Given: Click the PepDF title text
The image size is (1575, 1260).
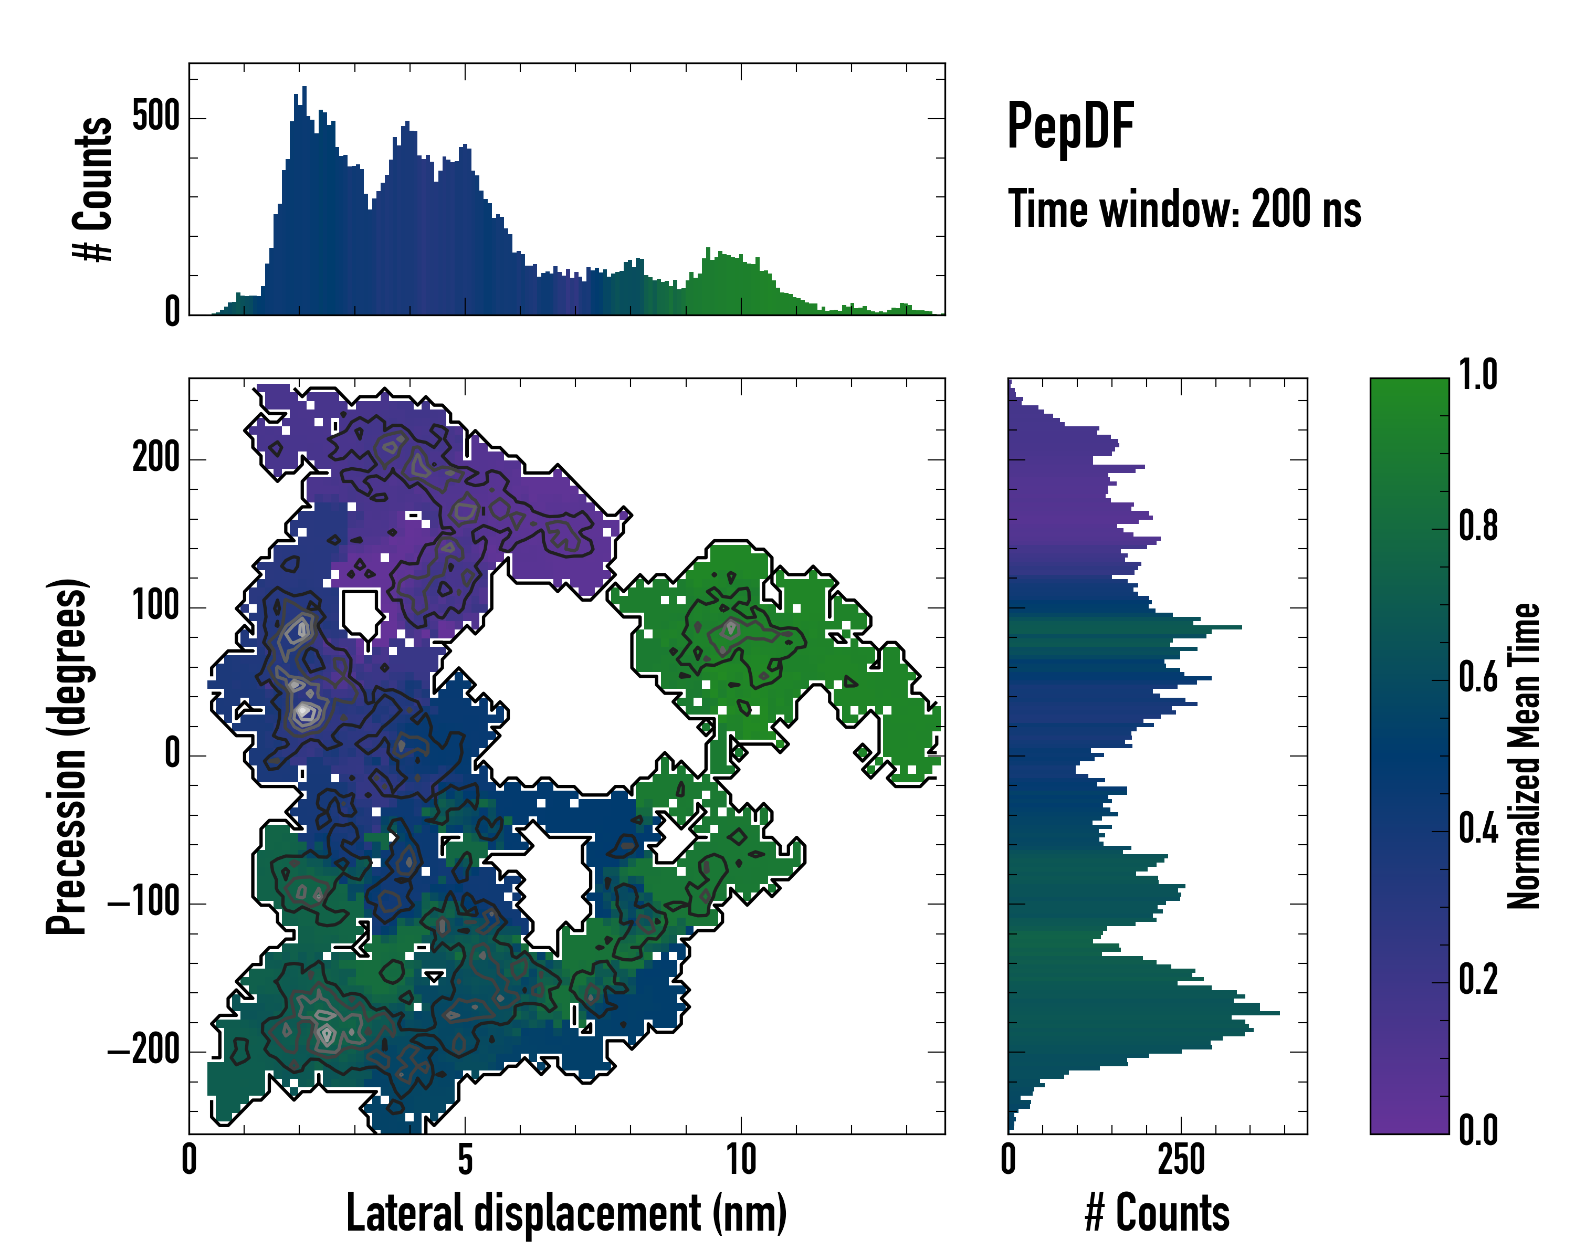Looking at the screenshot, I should [1069, 127].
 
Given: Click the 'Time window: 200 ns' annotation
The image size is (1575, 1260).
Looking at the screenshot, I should [1183, 209].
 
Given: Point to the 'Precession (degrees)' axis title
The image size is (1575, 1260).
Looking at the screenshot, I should [67, 756].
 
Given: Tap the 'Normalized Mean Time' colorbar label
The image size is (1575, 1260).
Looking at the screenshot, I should [1524, 756].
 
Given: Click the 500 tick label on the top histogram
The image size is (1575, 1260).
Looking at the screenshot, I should [155, 117].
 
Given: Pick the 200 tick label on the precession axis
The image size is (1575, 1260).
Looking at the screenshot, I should [155, 459].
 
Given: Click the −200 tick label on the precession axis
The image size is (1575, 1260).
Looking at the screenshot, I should [144, 1051].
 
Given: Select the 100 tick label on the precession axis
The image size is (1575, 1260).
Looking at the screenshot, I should [155, 606].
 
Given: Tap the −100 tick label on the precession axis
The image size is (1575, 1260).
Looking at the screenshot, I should [144, 903].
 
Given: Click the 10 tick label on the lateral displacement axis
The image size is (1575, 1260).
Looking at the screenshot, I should [741, 1159].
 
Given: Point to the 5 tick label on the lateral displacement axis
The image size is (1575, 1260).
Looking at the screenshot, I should [465, 1159].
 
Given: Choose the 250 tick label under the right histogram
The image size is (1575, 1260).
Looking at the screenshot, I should [1181, 1159].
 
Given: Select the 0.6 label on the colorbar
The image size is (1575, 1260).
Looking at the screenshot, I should [1478, 678].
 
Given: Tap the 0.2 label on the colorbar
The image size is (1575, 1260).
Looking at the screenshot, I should [1478, 980].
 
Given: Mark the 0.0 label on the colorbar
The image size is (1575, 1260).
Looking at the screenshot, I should [1478, 1131].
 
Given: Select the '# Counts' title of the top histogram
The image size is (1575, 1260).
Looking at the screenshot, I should [93, 188].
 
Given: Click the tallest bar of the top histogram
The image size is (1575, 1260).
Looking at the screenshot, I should [304, 201].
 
